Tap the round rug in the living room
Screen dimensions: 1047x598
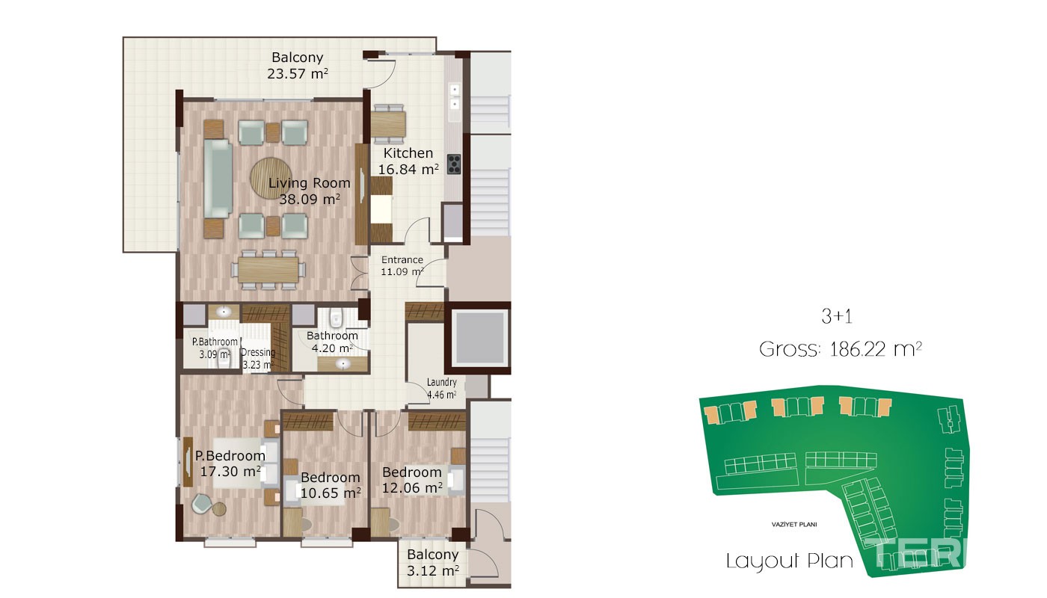click(x=271, y=178)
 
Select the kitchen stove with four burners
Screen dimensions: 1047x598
click(x=454, y=164)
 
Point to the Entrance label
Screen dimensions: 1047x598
click(x=402, y=260)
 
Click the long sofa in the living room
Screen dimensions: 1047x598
click(x=218, y=179)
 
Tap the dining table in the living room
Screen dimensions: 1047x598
click(x=268, y=270)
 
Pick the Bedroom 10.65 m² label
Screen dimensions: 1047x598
click(x=331, y=485)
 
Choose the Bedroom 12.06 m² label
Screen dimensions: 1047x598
click(x=412, y=480)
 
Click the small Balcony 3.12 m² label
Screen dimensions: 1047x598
click(x=433, y=562)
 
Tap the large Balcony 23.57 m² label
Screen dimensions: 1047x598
click(x=298, y=66)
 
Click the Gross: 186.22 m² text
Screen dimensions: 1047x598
click(x=840, y=349)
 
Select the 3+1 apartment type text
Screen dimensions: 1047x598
click(x=837, y=316)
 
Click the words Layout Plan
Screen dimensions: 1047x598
click(x=790, y=561)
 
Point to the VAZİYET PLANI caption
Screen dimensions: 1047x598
click(x=794, y=524)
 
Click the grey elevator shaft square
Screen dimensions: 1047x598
click(x=479, y=338)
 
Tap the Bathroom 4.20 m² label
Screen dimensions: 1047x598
click(x=332, y=342)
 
